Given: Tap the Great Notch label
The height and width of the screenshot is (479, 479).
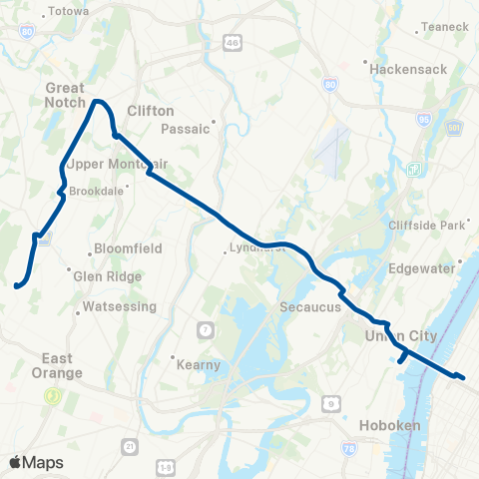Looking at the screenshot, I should [65, 95].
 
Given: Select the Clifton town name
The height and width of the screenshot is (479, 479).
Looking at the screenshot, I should [151, 111].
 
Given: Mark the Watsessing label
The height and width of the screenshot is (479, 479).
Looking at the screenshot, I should [118, 306].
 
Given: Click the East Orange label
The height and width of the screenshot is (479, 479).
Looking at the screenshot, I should [62, 365].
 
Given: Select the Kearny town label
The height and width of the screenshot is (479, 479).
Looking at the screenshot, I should [198, 365].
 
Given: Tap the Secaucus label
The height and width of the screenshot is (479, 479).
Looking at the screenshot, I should [311, 307].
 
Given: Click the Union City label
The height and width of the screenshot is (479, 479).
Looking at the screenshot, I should [401, 337].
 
